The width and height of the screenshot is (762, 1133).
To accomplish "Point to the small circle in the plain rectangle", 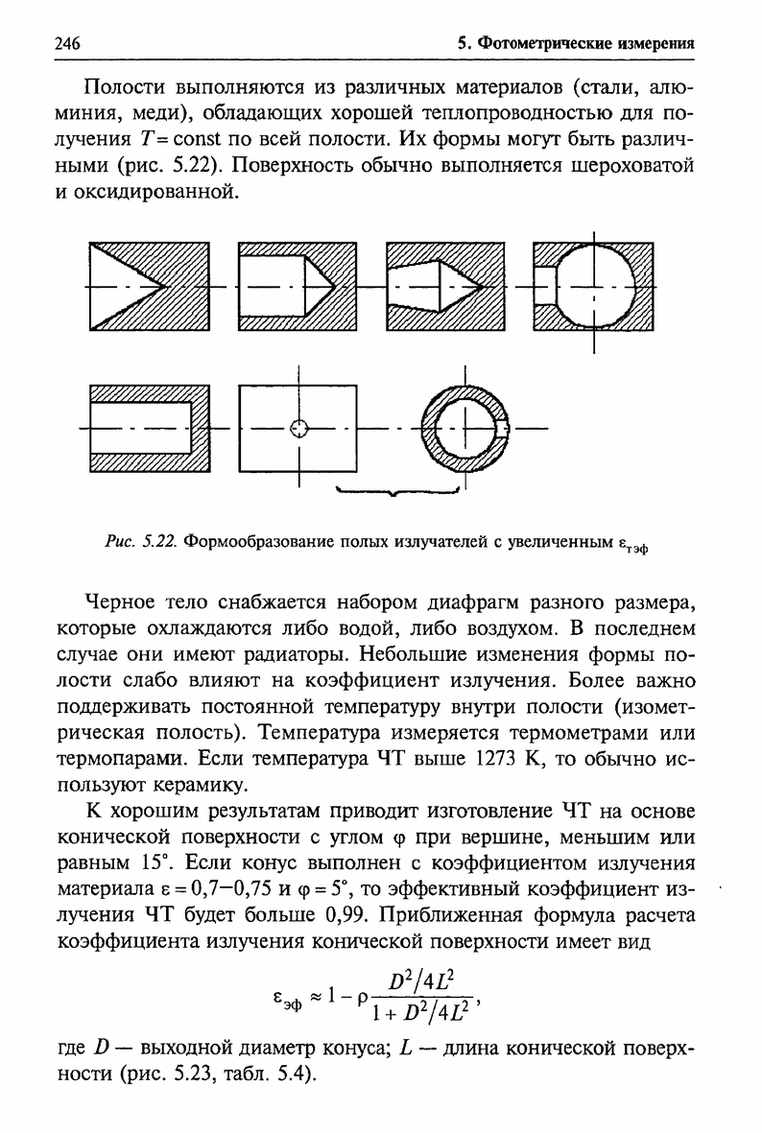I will point(299,428).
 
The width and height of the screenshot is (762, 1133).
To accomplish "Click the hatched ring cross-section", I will point(438,403).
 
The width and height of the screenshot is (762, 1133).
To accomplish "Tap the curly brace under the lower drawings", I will point(395,491).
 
